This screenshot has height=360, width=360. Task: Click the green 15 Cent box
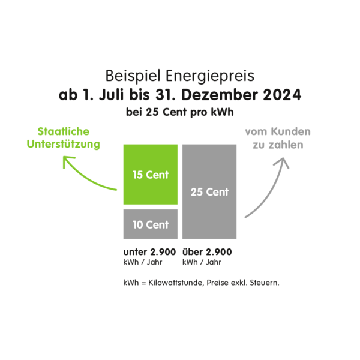coord(151,174)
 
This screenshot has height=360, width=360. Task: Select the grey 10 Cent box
coord(151,224)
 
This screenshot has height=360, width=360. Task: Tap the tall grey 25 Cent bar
coord(209,191)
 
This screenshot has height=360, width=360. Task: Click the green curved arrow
coord(85,177)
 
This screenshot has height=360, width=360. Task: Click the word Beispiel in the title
coord(133,76)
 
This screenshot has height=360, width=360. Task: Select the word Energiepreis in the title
coord(210,76)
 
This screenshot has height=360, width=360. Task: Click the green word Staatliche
coord(64,131)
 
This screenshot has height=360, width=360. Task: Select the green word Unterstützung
coord(64,145)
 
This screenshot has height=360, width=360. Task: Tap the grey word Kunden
coord(290,131)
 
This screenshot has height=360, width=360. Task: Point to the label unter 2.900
coord(149,252)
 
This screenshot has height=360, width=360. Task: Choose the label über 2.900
coord(207,252)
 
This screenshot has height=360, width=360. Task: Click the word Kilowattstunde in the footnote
coord(176,283)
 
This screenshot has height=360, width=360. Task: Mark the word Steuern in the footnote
coord(264,283)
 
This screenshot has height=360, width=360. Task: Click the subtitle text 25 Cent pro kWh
coord(190,112)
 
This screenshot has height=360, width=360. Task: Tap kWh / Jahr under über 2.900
coord(202,262)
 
